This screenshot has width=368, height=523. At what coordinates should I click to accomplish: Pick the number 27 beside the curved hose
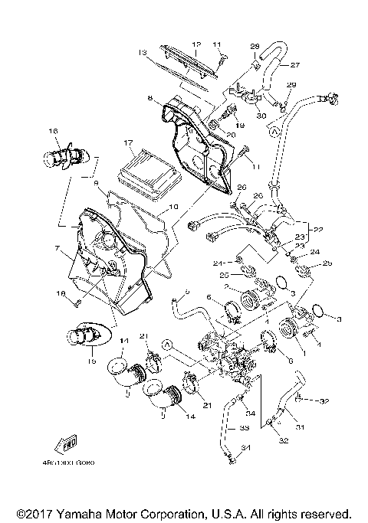(294, 64)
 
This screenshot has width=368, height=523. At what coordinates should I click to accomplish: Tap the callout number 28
(255, 46)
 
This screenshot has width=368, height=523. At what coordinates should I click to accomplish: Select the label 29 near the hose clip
(291, 85)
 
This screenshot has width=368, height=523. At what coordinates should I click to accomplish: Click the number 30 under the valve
(261, 115)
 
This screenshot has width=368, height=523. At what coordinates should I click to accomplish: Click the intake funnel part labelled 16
(61, 159)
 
